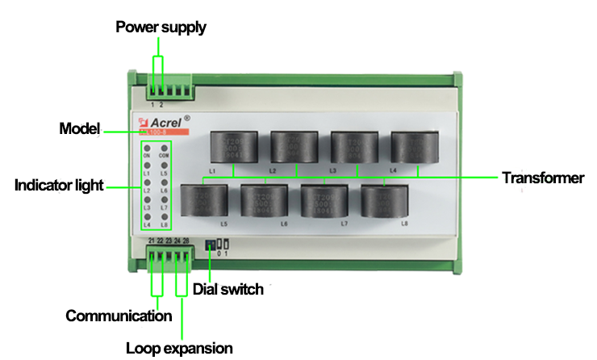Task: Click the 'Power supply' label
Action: click(161, 27)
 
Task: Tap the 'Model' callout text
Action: click(79, 129)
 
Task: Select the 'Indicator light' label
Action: click(60, 186)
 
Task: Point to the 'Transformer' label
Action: click(542, 178)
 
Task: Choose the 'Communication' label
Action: click(119, 316)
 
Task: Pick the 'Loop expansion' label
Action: click(179, 348)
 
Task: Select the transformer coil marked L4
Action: click(415, 147)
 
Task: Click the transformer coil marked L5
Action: click(202, 199)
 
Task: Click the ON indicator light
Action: click(148, 148)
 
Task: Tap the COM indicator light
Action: click(164, 148)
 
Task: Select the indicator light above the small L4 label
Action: click(148, 219)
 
